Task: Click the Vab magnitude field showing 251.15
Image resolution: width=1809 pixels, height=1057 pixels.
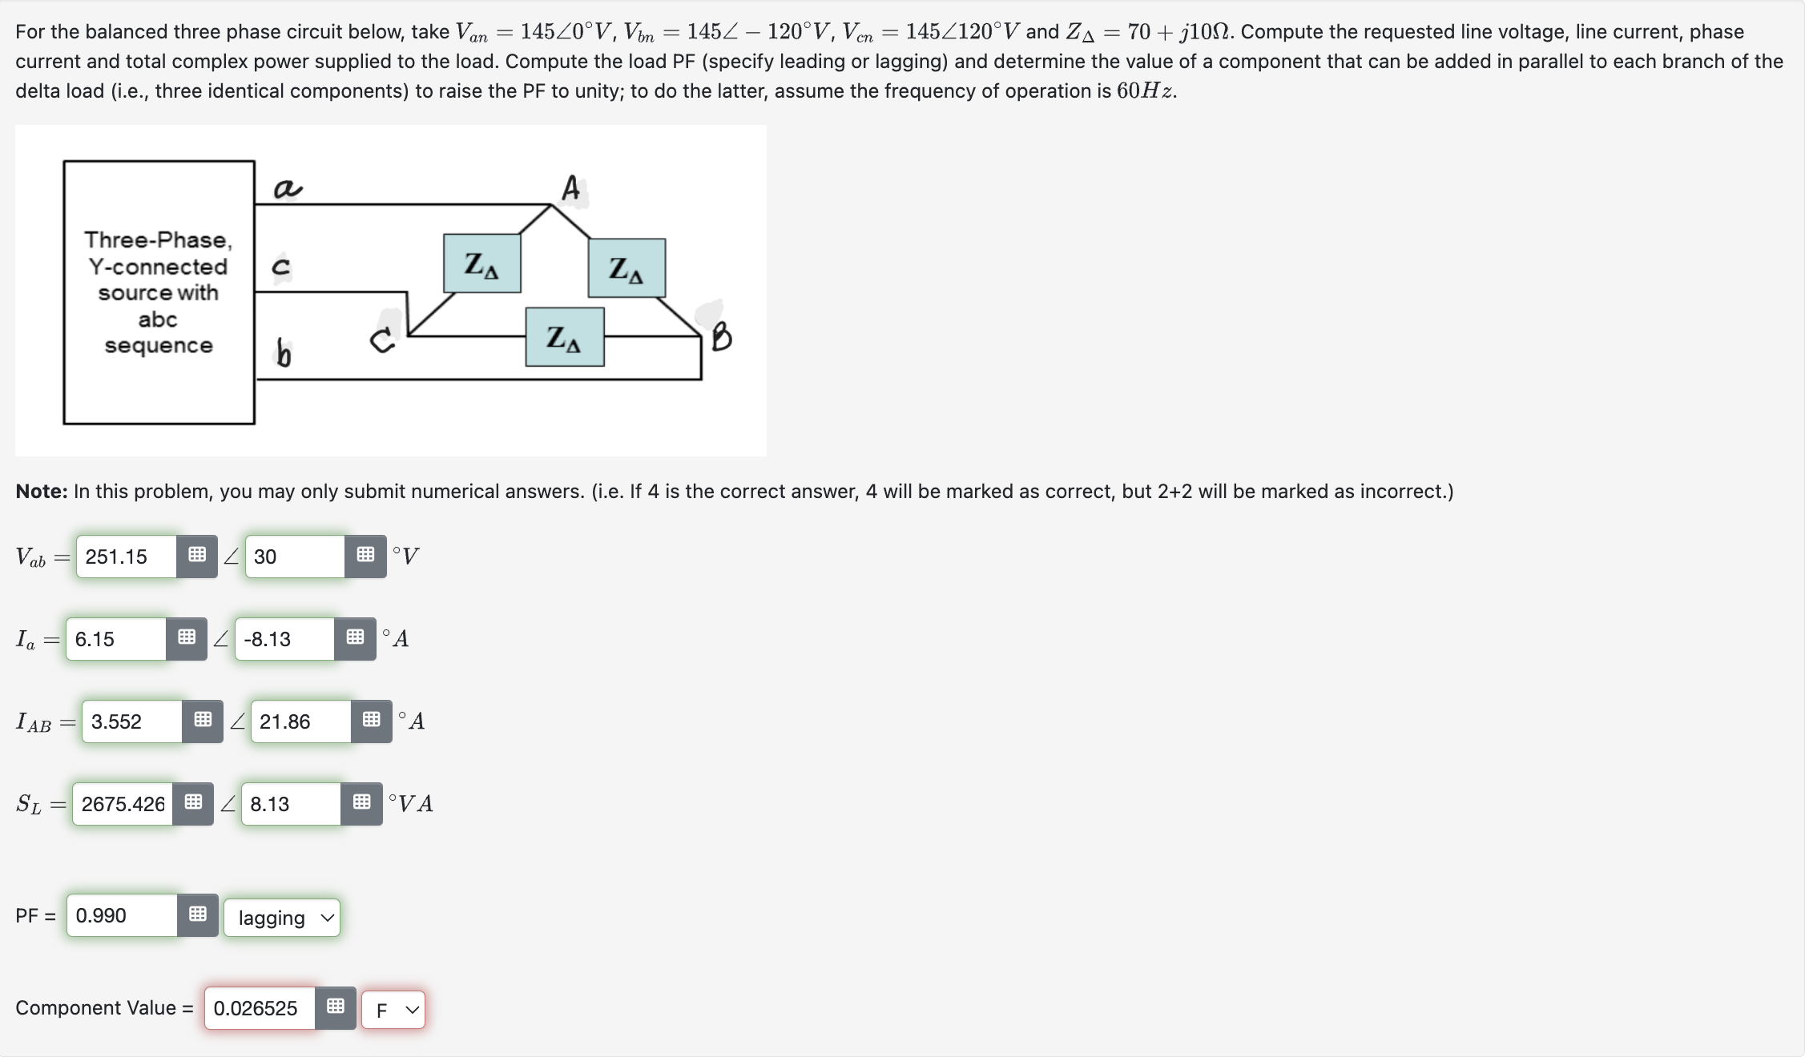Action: point(126,557)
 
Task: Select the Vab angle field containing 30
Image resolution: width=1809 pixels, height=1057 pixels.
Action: point(295,557)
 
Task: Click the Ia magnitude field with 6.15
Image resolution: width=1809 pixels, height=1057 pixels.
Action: point(115,639)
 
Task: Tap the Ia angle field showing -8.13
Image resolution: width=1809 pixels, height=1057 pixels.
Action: point(284,639)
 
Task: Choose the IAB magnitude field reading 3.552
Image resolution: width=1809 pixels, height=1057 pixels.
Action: point(131,721)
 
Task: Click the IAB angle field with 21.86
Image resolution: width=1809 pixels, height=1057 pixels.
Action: point(300,721)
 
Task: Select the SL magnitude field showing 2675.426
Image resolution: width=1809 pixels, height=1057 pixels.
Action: point(123,804)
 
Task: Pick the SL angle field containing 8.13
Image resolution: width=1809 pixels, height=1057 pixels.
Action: point(290,804)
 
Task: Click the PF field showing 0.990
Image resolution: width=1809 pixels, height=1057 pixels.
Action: point(122,915)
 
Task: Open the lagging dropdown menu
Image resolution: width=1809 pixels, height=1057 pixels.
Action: point(282,918)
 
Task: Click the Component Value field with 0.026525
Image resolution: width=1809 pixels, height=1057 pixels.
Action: point(259,1008)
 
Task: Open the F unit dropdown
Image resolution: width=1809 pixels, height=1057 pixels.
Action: point(393,1010)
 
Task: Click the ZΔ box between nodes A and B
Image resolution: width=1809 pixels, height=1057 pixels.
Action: point(627,268)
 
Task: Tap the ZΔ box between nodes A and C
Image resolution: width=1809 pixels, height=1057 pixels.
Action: point(482,263)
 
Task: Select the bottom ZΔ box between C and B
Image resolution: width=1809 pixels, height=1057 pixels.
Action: point(565,337)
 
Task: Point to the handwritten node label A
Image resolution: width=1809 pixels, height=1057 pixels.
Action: point(570,189)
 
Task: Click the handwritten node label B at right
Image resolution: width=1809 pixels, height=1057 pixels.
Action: point(721,336)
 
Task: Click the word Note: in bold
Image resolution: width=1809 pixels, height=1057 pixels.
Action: point(42,492)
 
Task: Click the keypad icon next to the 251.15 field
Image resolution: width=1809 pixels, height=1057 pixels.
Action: point(197,556)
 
